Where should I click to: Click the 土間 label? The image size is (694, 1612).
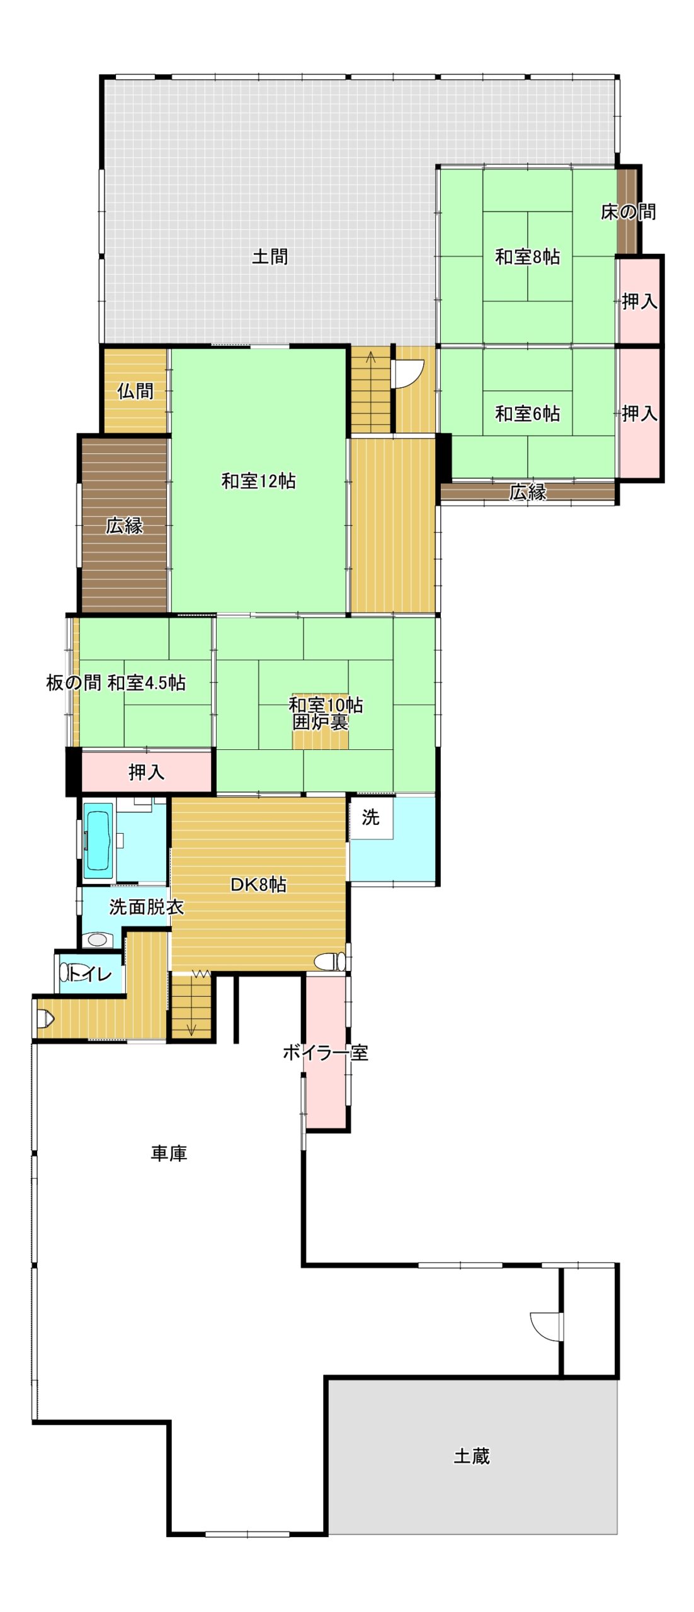pyautogui.click(x=270, y=257)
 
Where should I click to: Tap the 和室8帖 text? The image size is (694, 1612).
pyautogui.click(x=527, y=257)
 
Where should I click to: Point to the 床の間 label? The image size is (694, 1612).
pyautogui.click(x=628, y=212)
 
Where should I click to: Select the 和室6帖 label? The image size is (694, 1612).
pyautogui.click(x=527, y=414)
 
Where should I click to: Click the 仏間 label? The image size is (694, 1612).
pyautogui.click(x=135, y=391)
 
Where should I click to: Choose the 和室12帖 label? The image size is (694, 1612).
pyautogui.click(x=258, y=481)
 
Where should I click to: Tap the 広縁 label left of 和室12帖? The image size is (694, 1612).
pyautogui.click(x=124, y=525)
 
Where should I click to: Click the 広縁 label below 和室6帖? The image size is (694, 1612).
pyautogui.click(x=528, y=492)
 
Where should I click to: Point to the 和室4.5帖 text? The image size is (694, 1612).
pyautogui.click(x=146, y=683)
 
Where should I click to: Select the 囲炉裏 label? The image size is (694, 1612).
pyautogui.click(x=321, y=722)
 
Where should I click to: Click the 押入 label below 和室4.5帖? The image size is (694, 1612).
pyautogui.click(x=147, y=772)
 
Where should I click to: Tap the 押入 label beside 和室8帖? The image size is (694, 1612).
pyautogui.click(x=640, y=302)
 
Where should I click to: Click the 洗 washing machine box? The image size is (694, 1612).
pyautogui.click(x=372, y=818)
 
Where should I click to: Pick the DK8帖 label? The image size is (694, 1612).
pyautogui.click(x=258, y=885)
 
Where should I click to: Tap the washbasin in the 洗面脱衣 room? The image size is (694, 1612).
pyautogui.click(x=98, y=939)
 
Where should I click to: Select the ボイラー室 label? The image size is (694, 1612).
pyautogui.click(x=325, y=1052)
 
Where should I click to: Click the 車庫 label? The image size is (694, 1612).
pyautogui.click(x=169, y=1153)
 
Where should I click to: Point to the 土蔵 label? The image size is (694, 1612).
pyautogui.click(x=472, y=1456)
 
